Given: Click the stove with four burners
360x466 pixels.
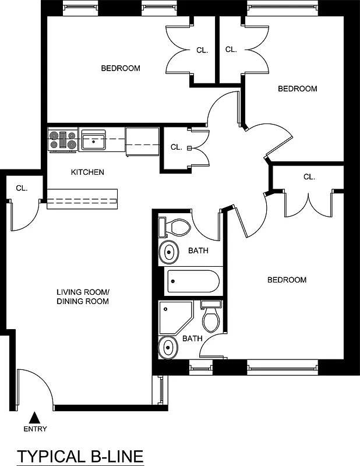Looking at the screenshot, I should (x=63, y=140).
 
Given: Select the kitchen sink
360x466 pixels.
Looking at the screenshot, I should (x=93, y=140).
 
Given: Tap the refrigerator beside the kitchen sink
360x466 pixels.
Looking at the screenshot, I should (x=142, y=142).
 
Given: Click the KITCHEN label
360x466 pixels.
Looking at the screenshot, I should (x=87, y=172).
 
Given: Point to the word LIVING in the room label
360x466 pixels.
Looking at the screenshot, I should (x=69, y=292).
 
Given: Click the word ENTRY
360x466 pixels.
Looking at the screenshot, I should (x=36, y=429).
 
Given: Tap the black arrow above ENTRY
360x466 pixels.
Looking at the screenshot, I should (x=35, y=417).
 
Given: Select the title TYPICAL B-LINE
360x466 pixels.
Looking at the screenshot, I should (x=80, y=456).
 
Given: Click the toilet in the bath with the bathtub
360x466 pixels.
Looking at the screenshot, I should (x=177, y=227).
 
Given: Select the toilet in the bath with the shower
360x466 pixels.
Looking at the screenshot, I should (x=210, y=317).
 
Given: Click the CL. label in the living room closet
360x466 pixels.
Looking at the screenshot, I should (x=22, y=188).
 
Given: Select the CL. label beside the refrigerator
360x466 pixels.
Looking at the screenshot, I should (x=177, y=147).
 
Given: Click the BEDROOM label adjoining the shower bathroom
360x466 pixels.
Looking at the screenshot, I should (x=287, y=280).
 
